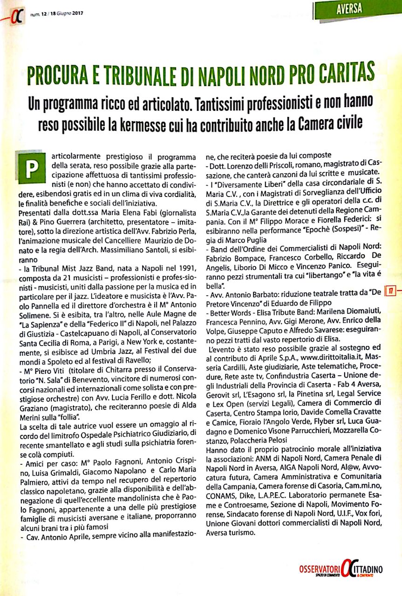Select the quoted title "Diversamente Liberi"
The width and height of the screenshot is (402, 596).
point(245,181)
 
